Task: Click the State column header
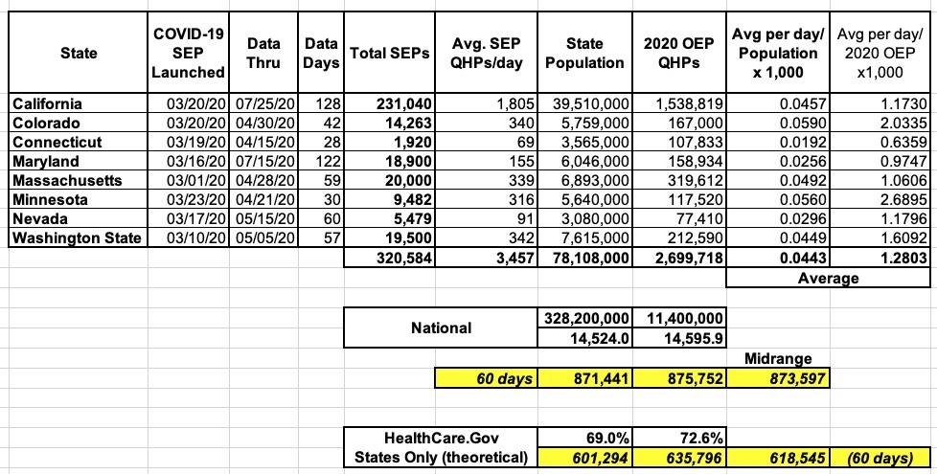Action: [78, 53]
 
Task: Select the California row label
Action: [47, 103]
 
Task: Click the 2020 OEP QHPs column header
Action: [682, 53]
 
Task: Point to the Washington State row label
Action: [76, 237]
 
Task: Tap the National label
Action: [441, 327]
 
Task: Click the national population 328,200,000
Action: [586, 318]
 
